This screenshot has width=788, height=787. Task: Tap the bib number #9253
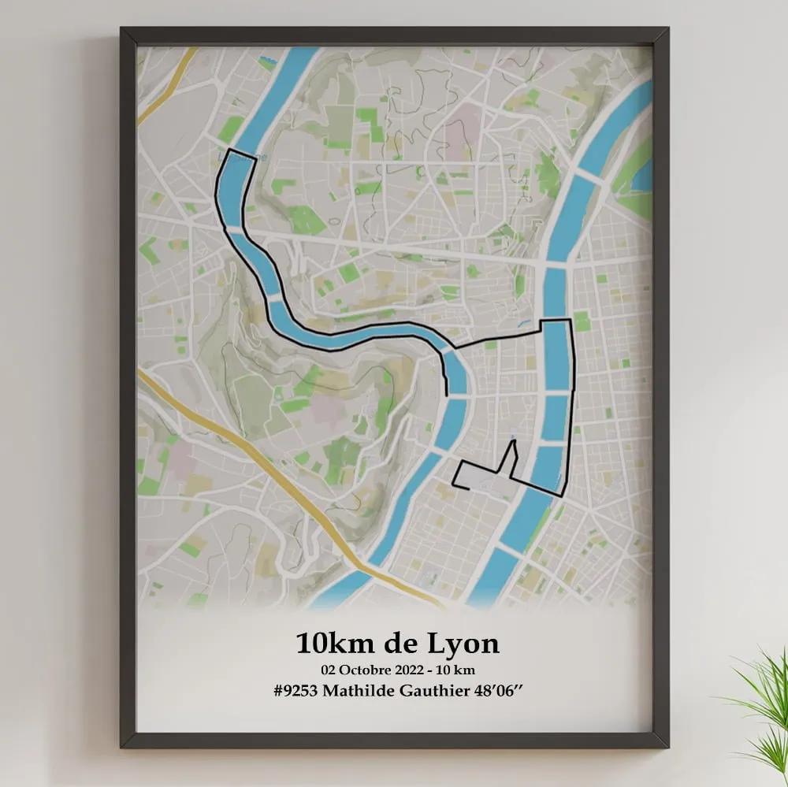pos(299,690)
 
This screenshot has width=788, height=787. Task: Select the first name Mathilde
pos(362,690)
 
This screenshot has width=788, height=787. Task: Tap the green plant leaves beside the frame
pos(760,701)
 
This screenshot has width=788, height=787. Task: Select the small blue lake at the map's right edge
pos(643,176)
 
